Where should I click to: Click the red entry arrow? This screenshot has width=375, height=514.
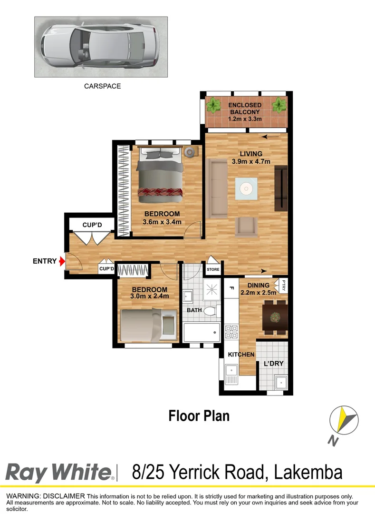(x=61, y=261)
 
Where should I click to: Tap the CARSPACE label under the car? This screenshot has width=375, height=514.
(x=102, y=86)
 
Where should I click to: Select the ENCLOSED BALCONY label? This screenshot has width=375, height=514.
(x=244, y=109)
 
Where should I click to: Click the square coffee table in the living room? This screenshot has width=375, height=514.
(x=246, y=189)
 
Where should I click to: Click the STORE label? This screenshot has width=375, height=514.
(x=213, y=270)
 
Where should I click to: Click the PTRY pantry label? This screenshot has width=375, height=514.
(x=284, y=285)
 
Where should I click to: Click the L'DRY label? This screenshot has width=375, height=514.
(x=273, y=364)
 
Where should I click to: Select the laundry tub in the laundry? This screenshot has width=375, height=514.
(x=281, y=382)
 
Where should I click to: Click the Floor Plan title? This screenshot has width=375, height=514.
(x=199, y=415)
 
